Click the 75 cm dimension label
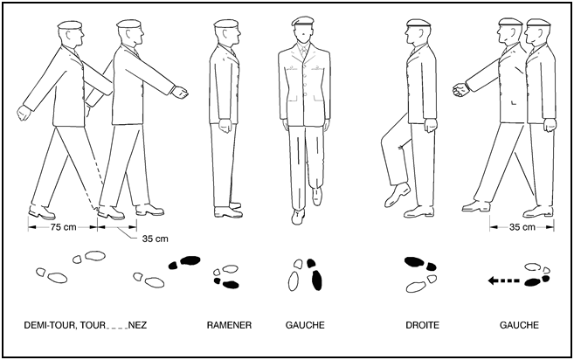click(63, 227)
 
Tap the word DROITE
click(422, 325)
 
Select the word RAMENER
click(229, 325)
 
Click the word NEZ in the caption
click(138, 325)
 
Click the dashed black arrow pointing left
click(504, 280)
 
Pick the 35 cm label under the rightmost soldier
click(522, 227)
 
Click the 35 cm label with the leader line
click(156, 239)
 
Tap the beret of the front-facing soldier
click(303, 21)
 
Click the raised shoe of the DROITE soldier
click(398, 195)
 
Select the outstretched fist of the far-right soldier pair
click(460, 90)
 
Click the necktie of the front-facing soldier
click(303, 52)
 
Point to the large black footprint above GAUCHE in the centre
click(316, 280)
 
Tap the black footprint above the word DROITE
click(414, 262)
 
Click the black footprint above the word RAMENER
click(231, 285)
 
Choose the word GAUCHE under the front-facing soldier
click(305, 325)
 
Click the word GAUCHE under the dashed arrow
click(519, 325)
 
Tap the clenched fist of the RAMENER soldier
click(225, 126)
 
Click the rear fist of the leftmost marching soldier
click(24, 113)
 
